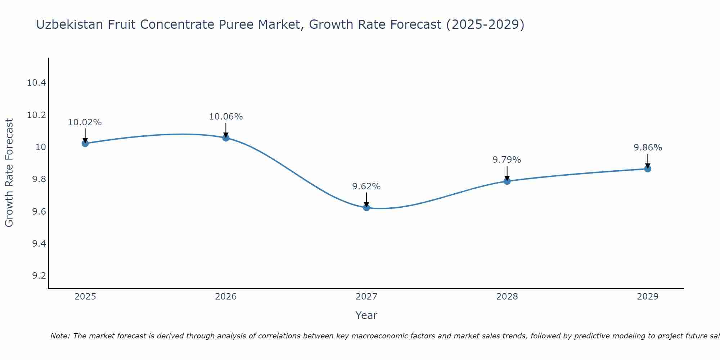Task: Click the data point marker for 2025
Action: [85, 143]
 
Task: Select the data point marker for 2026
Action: [226, 138]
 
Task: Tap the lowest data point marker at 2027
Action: [366, 207]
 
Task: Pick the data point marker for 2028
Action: [507, 181]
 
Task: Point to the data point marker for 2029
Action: [648, 168]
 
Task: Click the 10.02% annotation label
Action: [85, 122]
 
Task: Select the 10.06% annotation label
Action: [226, 117]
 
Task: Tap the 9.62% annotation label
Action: [366, 186]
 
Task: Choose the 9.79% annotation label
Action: [507, 160]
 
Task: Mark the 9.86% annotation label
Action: [648, 148]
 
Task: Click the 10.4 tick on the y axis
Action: [37, 83]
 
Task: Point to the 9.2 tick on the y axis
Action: [39, 276]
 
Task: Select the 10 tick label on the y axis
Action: [41, 147]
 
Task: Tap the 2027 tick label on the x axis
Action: [366, 297]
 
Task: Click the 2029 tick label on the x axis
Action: [648, 297]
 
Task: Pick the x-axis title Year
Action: [366, 315]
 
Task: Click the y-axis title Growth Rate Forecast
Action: [9, 173]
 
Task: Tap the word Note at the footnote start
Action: [60, 336]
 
